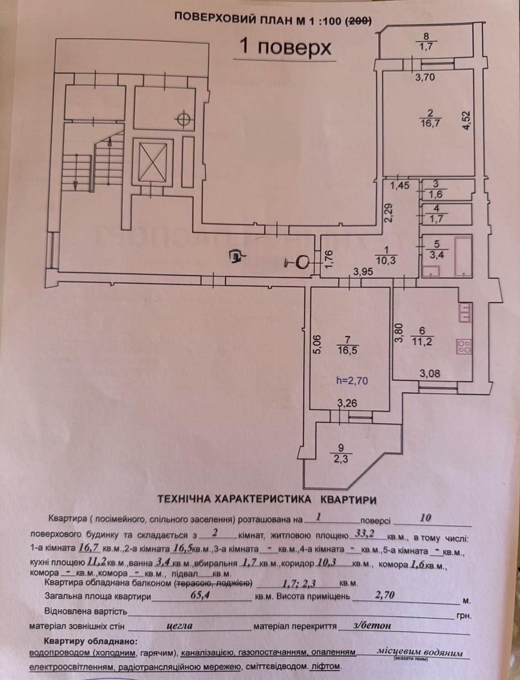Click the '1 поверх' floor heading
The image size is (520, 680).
click(285, 48)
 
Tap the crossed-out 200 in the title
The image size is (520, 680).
click(360, 20)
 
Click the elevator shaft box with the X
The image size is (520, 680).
click(153, 161)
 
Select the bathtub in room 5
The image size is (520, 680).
click(463, 256)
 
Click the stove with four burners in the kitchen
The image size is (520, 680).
click(464, 346)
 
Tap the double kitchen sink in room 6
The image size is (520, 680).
click(465, 313)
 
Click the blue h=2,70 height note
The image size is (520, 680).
click(352, 380)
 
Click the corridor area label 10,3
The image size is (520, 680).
click(386, 260)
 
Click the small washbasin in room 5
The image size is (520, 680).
click(430, 271)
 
